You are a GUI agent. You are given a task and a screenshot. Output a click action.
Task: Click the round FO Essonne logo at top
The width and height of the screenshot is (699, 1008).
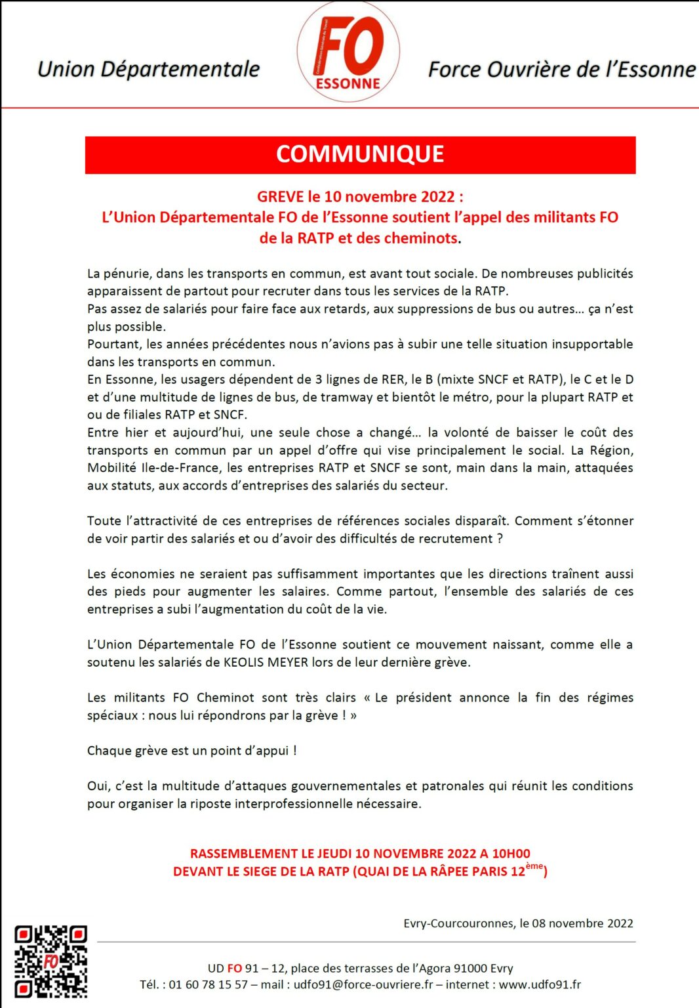348,52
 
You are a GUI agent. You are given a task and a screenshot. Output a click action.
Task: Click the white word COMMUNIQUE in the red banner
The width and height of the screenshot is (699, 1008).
360,154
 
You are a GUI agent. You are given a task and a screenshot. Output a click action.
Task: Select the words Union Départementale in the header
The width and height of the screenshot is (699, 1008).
148,69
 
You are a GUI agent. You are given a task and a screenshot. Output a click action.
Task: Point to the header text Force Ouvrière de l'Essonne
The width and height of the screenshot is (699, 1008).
561,69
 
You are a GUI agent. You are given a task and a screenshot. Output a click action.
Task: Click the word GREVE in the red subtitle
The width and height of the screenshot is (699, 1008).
281,197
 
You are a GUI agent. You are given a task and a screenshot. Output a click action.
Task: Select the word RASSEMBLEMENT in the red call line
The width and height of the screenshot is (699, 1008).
243,854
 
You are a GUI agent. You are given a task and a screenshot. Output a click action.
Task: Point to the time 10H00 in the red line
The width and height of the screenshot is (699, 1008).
511,854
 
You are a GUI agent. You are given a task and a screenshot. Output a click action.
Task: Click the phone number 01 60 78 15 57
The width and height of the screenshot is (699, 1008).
209,984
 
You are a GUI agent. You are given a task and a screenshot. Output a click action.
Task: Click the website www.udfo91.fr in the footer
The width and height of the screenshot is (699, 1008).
540,984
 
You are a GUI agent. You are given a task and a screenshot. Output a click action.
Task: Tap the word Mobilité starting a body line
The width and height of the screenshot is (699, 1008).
112,468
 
